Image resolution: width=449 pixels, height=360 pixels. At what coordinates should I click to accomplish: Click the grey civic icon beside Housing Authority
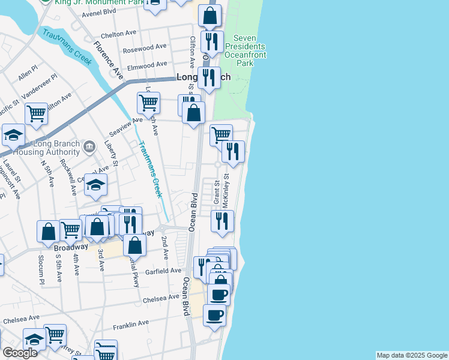[x=89, y=145]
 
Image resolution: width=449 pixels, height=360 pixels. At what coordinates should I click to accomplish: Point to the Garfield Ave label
[x=163, y=271]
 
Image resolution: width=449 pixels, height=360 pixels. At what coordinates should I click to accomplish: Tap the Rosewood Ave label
[x=144, y=47]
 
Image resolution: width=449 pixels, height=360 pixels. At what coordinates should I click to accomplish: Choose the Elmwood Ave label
[x=144, y=65]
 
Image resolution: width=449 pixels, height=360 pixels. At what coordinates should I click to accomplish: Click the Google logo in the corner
[x=20, y=353]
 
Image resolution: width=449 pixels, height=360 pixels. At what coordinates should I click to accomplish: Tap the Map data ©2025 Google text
[x=412, y=355]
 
